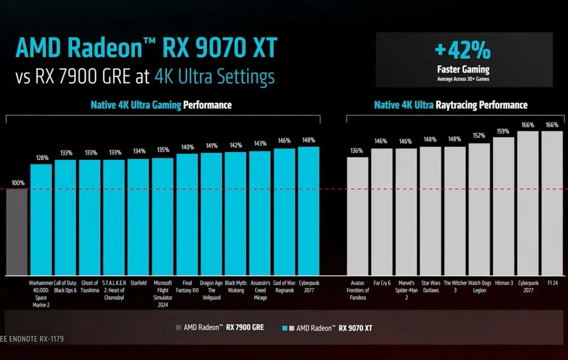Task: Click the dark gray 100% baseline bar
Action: pos(17,232)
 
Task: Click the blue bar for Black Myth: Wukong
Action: pos(235,214)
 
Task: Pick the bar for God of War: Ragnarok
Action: pos(284,212)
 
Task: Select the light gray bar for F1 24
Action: pos(552,203)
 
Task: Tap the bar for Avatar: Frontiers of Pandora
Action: pos(357,216)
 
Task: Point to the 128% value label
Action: pos(42,158)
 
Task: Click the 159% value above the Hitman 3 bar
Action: pos(503,131)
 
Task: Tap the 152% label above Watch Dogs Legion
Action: pos(479,135)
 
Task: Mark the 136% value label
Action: pos(356,151)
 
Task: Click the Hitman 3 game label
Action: pos(504,283)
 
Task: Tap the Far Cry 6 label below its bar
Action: pos(382,283)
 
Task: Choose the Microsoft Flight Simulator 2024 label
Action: pos(163,294)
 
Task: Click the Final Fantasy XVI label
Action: pos(186,287)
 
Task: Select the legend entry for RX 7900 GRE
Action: pos(220,327)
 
